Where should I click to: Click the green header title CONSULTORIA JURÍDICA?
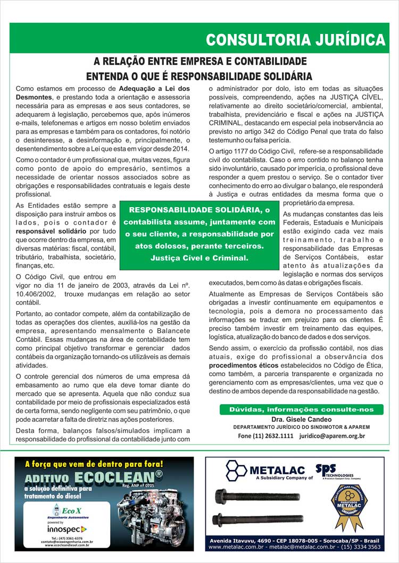[x=295, y=40]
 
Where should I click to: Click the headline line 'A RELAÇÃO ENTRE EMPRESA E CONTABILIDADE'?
[x=200, y=61]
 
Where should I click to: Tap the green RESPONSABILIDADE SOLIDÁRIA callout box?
[x=199, y=234]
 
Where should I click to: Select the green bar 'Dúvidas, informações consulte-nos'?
[x=301, y=410]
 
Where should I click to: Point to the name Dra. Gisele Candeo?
[x=301, y=419]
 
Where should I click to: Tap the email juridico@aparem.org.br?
[x=332, y=436]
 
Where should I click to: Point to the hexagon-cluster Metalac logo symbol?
[x=236, y=470]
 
